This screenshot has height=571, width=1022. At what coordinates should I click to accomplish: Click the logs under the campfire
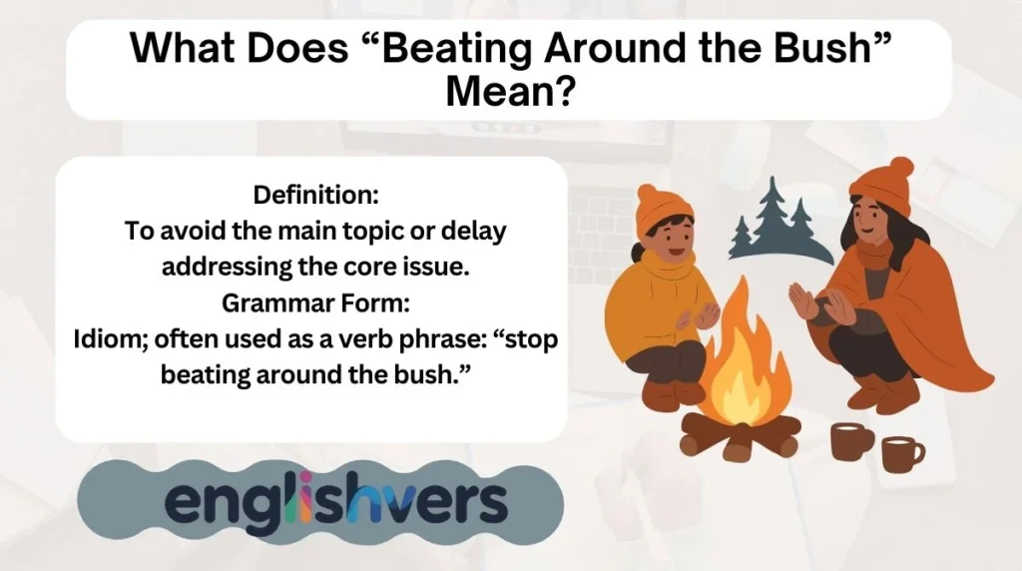(x=741, y=435)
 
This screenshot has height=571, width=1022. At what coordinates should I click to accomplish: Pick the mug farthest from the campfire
(x=902, y=454)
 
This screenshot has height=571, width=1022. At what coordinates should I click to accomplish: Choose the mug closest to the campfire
(x=852, y=440)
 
